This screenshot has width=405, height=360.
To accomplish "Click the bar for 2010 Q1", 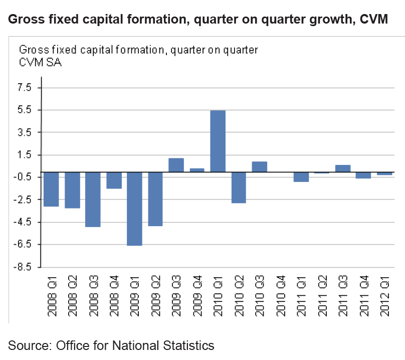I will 218,141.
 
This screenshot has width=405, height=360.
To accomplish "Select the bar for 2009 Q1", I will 134,209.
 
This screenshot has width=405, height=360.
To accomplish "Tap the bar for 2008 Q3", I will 93,199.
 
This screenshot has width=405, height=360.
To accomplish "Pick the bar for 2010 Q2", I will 239,187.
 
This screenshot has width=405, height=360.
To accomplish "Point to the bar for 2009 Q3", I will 176,165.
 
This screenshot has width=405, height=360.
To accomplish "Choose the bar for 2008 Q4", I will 114,180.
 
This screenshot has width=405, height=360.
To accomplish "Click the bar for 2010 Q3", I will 259,166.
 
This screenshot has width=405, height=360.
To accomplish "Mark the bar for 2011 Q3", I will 343,168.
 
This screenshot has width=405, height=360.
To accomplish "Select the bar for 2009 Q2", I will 155,199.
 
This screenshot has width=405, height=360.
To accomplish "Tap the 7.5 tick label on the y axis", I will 25,88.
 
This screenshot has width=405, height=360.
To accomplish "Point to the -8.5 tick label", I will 23,267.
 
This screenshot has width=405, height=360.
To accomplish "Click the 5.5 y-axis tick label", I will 25,110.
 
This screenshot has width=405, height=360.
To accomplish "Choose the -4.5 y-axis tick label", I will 23,222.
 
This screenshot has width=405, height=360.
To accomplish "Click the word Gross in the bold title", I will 25,20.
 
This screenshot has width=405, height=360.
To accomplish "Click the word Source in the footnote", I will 28,345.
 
